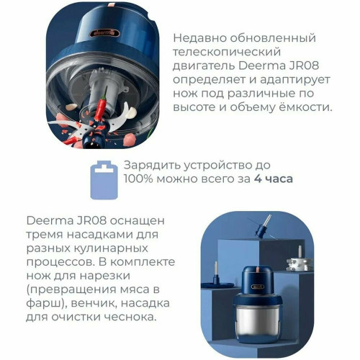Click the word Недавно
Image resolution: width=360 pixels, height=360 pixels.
coord(199,38)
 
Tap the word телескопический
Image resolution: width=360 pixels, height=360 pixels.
coord(227,52)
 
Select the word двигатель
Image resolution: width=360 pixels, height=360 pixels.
coord(204,66)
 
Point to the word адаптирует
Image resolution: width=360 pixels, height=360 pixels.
coord(295,80)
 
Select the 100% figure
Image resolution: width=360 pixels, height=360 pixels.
coord(138,179)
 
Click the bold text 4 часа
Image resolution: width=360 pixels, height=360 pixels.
coord(273,179)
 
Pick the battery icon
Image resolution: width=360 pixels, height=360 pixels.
coord(104,180)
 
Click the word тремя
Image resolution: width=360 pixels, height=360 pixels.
coord(45,235)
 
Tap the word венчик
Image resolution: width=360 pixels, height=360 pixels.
coord(94,303)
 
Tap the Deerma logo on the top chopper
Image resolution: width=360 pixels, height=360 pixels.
coord(105,33)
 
